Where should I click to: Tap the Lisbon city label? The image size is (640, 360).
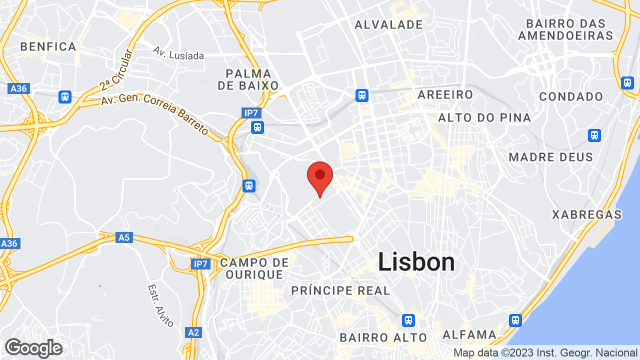pyautogui.click(x=416, y=262)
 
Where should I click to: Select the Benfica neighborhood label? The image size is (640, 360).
pyautogui.click(x=48, y=47)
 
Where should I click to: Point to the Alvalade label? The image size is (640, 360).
pyautogui.click(x=388, y=24)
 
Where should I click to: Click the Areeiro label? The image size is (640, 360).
pyautogui.click(x=445, y=94)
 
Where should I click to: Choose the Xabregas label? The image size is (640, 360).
pyautogui.click(x=586, y=215)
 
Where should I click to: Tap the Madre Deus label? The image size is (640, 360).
pyautogui.click(x=550, y=157)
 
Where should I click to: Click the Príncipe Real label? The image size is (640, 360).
pyautogui.click(x=340, y=290)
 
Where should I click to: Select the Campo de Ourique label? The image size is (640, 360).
pyautogui.click(x=254, y=268)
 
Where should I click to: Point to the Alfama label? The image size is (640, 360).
pyautogui.click(x=469, y=334)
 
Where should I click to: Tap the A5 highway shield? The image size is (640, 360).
pyautogui.click(x=123, y=237)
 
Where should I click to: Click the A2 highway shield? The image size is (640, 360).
pyautogui.click(x=193, y=332)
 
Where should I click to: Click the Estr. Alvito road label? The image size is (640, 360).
pyautogui.click(x=160, y=305)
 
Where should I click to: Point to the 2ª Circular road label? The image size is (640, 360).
pyautogui.click(x=116, y=69)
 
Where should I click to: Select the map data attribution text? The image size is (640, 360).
pyautogui.click(x=545, y=353)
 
